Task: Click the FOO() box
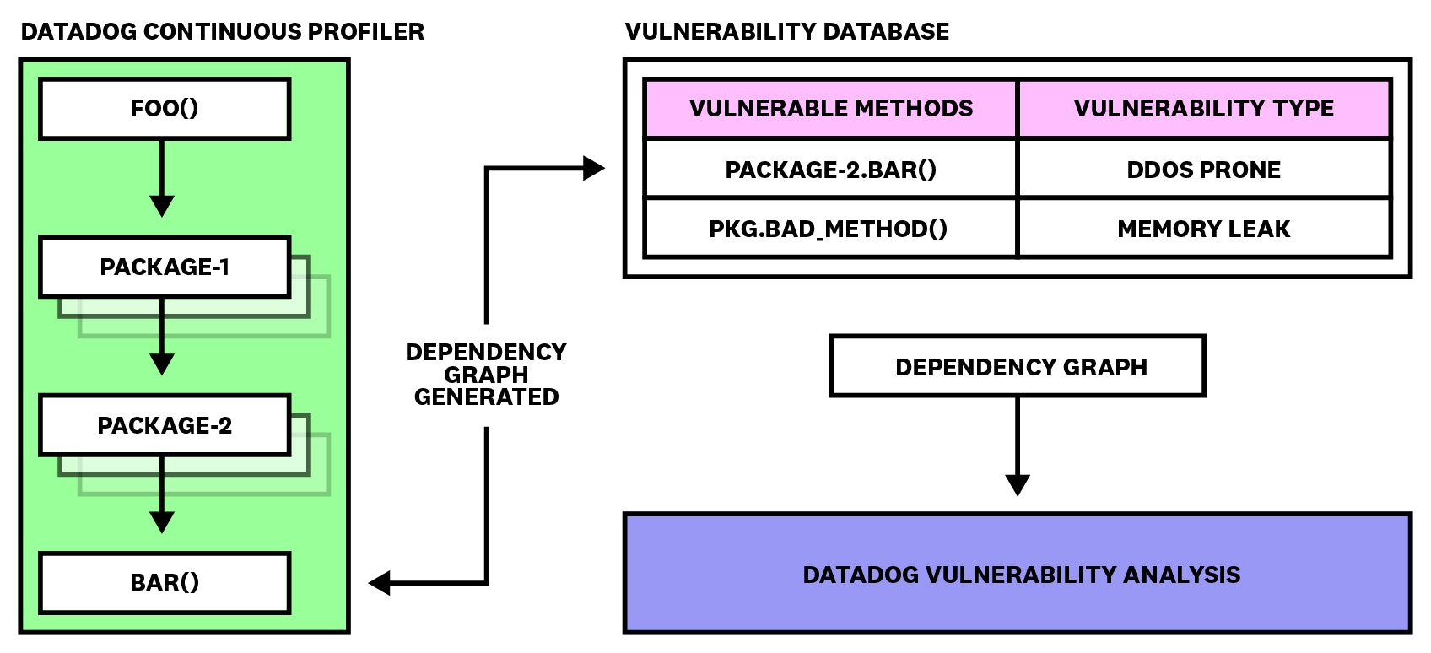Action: (165, 109)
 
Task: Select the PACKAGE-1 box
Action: (165, 267)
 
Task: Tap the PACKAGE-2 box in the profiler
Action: (165, 425)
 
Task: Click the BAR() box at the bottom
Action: (165, 583)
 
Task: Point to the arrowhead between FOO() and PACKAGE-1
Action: (162, 205)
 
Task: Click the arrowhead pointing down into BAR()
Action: (162, 521)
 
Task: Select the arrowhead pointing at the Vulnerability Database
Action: (594, 169)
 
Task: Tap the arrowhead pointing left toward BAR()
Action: (380, 582)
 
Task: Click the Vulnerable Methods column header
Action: (830, 109)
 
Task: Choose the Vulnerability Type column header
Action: (1203, 109)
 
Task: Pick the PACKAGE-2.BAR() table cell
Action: (830, 170)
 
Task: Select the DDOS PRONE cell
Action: (1203, 170)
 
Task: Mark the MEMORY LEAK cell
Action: (1203, 229)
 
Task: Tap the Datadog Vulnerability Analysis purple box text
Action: (1021, 575)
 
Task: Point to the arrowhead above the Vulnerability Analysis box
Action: (1018, 485)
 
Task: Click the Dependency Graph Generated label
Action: (486, 375)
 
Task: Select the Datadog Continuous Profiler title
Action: (223, 32)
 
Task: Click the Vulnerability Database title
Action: (786, 32)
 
